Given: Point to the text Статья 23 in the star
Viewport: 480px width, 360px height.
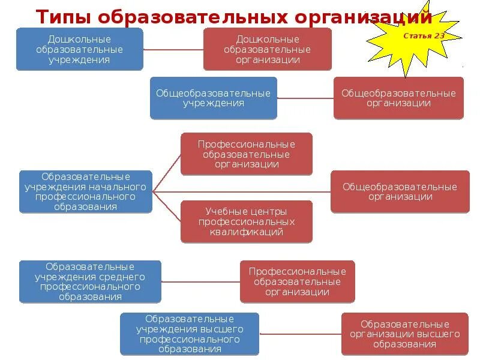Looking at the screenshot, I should [x=424, y=36].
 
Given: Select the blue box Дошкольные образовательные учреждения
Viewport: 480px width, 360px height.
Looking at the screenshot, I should [x=80, y=49].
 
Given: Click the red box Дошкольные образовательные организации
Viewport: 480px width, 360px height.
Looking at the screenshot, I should [x=268, y=49].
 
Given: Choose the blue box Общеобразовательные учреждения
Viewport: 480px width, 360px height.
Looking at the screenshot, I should [x=214, y=98].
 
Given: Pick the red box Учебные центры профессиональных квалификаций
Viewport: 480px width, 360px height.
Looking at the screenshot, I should [x=247, y=221].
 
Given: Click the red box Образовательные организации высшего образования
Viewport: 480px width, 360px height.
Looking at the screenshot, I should [x=405, y=334].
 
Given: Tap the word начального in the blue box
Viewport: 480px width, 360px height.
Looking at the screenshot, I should [x=124, y=187].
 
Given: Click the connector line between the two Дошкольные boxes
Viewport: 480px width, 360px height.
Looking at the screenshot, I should [x=173, y=49].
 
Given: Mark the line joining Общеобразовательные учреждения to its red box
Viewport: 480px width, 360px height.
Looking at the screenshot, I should [x=305, y=98].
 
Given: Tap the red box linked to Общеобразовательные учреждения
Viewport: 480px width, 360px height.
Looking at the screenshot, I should [x=398, y=98].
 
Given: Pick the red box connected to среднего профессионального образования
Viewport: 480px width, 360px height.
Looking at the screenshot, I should [x=298, y=281].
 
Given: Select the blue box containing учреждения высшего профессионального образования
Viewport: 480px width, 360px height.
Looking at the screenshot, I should [x=190, y=334].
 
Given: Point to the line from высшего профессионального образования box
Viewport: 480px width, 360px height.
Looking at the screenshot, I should [x=300, y=334].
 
